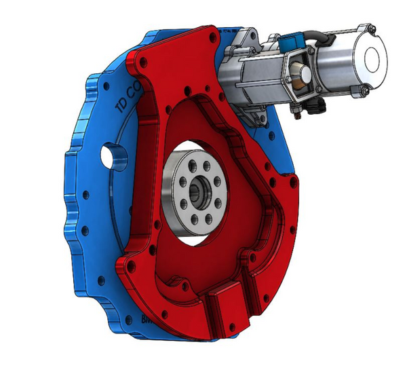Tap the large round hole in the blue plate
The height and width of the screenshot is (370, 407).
click(111, 157)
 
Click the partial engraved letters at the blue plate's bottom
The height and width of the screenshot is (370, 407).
click(145, 317)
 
